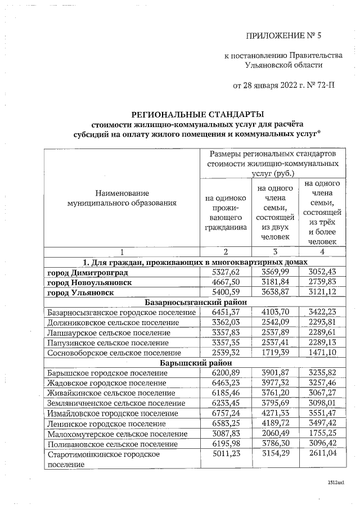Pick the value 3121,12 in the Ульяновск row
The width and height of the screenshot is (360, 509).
pyautogui.click(x=322, y=292)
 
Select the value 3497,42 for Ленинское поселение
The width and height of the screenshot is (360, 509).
pyautogui.click(x=322, y=423)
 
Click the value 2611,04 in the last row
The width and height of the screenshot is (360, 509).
pyautogui.click(x=322, y=453)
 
